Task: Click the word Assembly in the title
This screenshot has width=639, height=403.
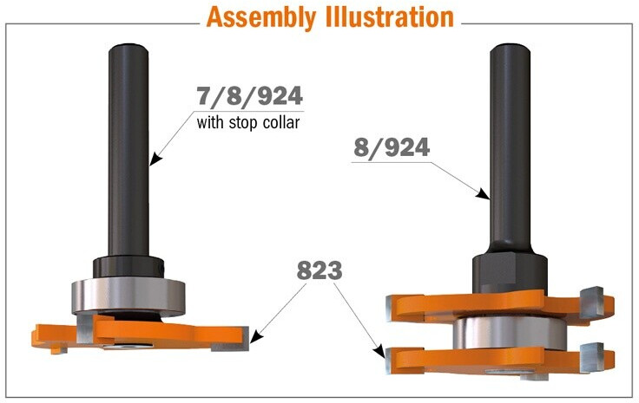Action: [x=261, y=17]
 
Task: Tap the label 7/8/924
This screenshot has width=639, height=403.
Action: [x=249, y=97]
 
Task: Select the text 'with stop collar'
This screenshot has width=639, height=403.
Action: [x=248, y=122]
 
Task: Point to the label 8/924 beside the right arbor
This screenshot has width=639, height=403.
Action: [x=392, y=148]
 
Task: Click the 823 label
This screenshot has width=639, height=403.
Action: [x=319, y=271]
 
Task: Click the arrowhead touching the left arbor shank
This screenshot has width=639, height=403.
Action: [x=155, y=159]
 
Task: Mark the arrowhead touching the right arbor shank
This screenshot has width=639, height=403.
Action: [x=484, y=194]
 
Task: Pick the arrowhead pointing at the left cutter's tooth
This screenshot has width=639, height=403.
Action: [x=255, y=337]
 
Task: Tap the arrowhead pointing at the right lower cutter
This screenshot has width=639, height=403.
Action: [x=379, y=351]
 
